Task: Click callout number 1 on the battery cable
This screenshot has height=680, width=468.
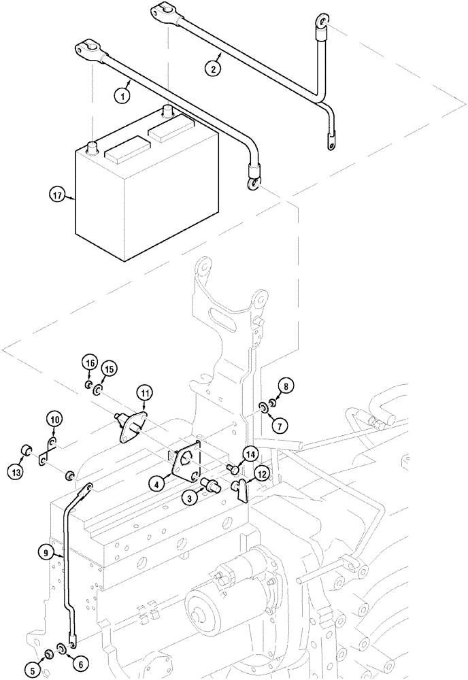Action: click(x=122, y=96)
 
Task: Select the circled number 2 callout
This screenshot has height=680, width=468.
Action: click(x=214, y=67)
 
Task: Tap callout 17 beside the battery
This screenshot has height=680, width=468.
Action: click(x=58, y=197)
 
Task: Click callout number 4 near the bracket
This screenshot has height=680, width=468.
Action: click(x=157, y=485)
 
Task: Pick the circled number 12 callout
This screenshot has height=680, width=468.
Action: click(x=263, y=473)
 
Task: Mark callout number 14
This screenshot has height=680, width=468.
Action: click(x=250, y=454)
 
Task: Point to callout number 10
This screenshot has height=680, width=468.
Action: click(x=54, y=420)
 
